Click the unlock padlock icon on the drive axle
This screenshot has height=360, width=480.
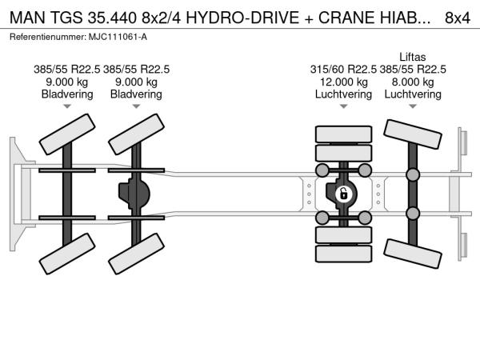pyautogui.click(x=344, y=194)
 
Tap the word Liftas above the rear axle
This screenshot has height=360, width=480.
pyautogui.click(x=412, y=57)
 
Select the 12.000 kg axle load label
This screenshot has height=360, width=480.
pyautogui.click(x=343, y=82)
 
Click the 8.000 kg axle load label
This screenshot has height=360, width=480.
pyautogui.click(x=413, y=82)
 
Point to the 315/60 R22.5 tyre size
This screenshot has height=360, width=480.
pyautogui.click(x=343, y=70)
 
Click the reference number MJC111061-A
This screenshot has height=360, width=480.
pyautogui.click(x=118, y=37)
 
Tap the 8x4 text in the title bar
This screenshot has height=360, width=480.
pyautogui.click(x=458, y=18)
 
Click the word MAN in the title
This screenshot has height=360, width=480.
pyautogui.click(x=27, y=18)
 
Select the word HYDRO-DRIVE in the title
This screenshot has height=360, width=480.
pyautogui.click(x=242, y=18)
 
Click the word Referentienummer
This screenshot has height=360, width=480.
pyautogui.click(x=48, y=37)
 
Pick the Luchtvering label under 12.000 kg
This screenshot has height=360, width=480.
pyautogui.click(x=343, y=94)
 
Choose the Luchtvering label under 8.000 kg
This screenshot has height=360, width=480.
pyautogui.click(x=413, y=94)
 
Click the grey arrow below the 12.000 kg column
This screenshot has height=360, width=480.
pyautogui.click(x=343, y=106)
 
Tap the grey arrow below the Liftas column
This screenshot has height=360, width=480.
pyautogui.click(x=413, y=106)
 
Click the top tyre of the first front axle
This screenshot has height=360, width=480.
pyautogui.click(x=67, y=134)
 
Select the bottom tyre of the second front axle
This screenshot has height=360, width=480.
pyautogui.click(x=136, y=254)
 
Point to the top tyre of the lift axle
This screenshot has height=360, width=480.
pyautogui.click(x=413, y=134)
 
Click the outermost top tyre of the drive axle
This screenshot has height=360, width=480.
pyautogui.click(x=343, y=134)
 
